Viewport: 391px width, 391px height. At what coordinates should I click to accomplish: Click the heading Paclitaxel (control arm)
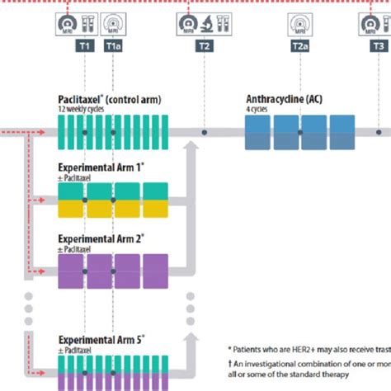109,100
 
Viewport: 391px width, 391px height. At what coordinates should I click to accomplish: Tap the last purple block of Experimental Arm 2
154,269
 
